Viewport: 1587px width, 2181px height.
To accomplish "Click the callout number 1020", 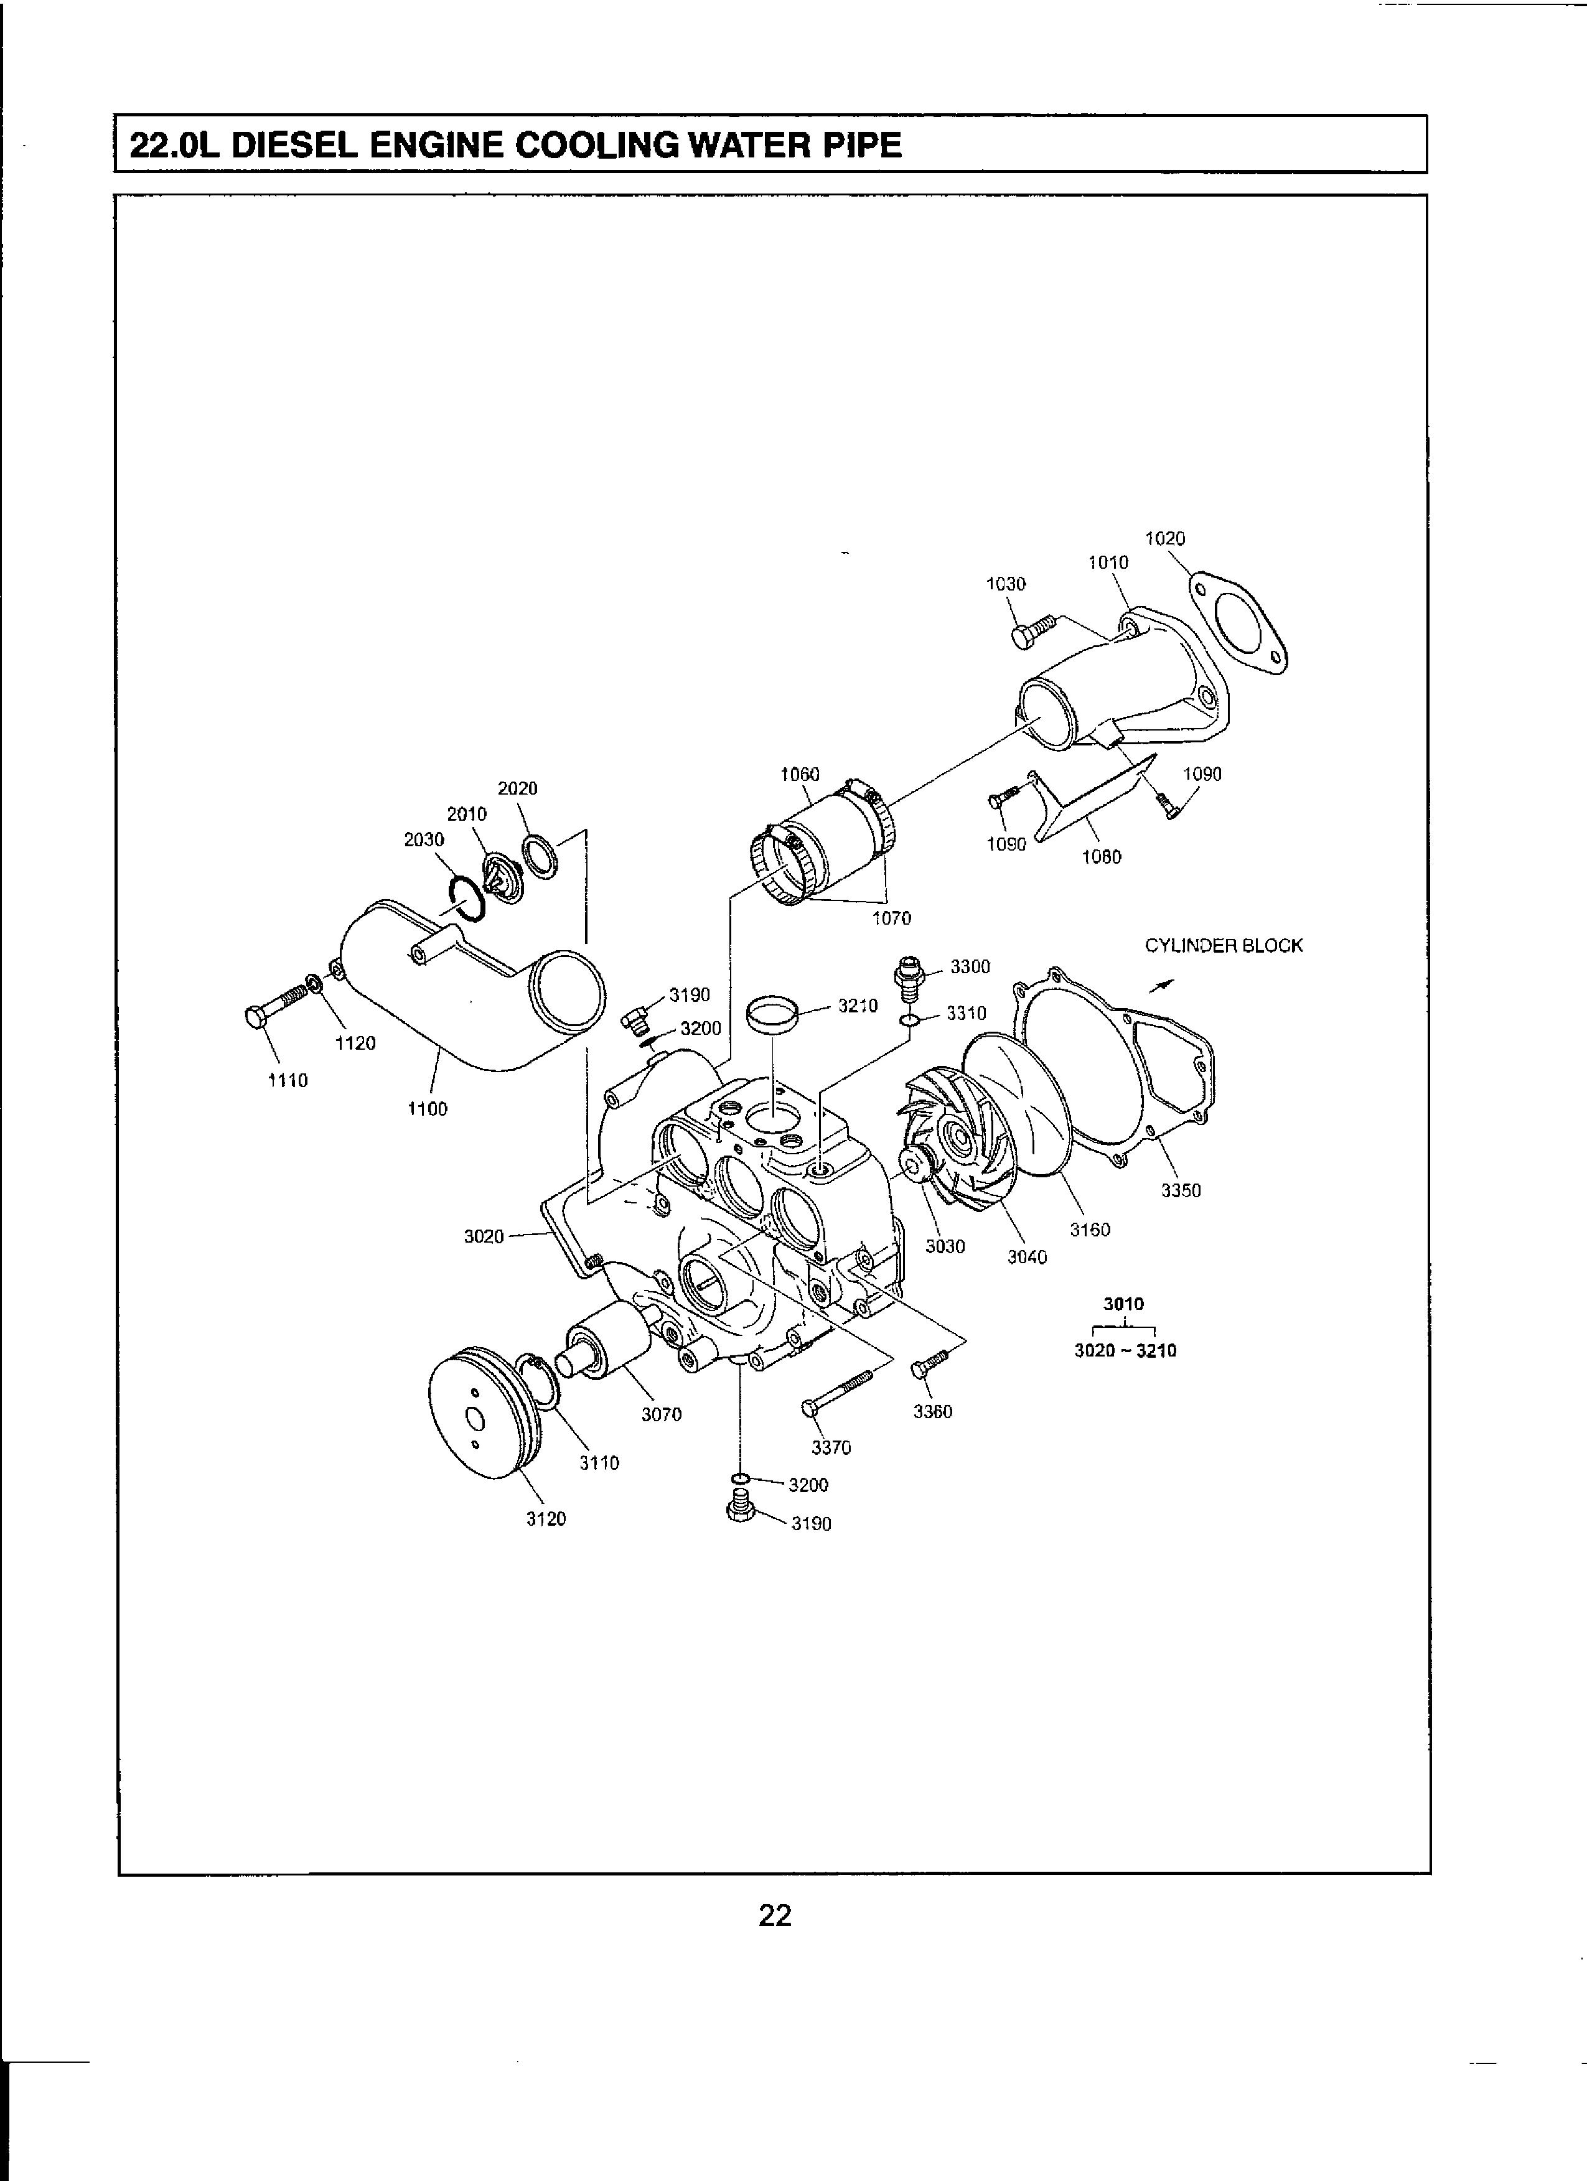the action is click(x=1165, y=538).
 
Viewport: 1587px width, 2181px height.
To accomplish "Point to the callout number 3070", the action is click(x=662, y=1414).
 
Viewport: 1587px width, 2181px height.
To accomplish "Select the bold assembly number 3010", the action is click(x=1123, y=1304).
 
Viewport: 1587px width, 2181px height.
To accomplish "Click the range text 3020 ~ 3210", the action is click(x=1125, y=1350).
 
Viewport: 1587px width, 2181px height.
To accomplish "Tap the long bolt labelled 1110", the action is click(x=278, y=1003).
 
